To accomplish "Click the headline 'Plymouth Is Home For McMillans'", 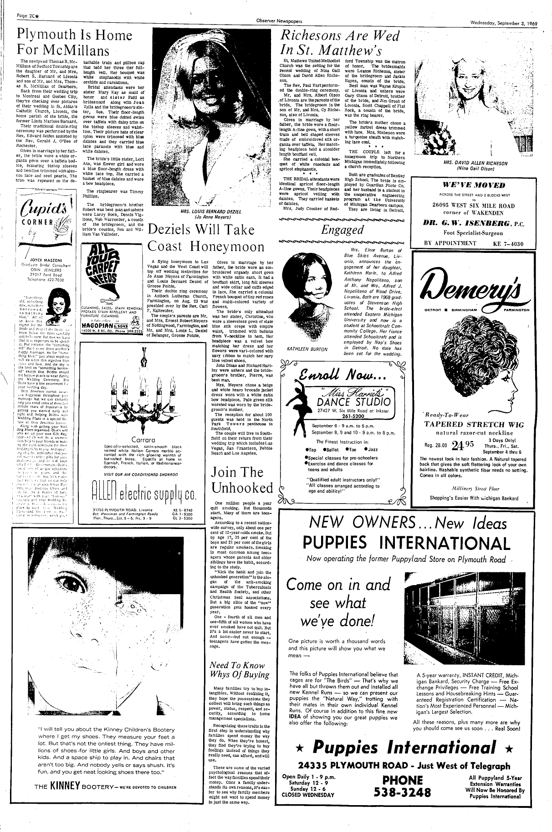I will (74, 42).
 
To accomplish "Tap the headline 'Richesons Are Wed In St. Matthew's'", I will (341, 42).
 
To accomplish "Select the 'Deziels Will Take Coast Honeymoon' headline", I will (206, 237).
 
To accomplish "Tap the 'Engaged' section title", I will (342, 230).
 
